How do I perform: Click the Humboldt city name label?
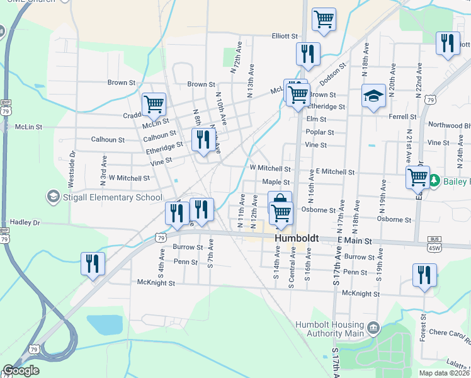(x=296, y=239)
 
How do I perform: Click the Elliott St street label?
(x=284, y=37)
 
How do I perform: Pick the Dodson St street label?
(x=333, y=73)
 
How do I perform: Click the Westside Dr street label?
(x=72, y=168)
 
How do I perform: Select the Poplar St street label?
(x=319, y=132)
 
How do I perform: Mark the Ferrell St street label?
(x=403, y=117)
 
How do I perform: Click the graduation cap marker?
(x=373, y=96)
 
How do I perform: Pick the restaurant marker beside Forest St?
(x=424, y=275)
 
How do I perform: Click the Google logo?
(x=21, y=370)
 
